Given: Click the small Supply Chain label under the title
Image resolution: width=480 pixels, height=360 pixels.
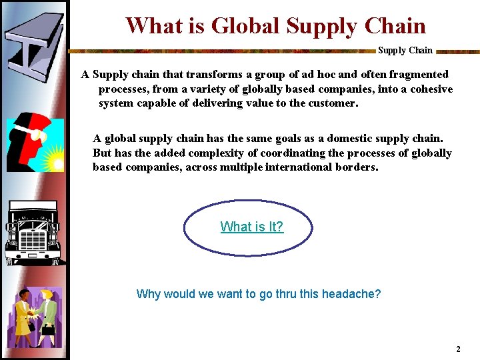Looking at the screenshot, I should point(405,50).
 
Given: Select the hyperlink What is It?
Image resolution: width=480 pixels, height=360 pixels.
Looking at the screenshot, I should point(252,227).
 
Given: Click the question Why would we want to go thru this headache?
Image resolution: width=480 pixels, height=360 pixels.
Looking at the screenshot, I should point(259,293).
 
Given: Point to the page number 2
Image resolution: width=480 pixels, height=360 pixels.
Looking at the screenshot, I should point(458,349).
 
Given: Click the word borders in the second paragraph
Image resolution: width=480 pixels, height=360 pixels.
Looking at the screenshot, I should point(359,167).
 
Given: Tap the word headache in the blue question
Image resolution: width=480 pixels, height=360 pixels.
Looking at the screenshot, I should point(351,293).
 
